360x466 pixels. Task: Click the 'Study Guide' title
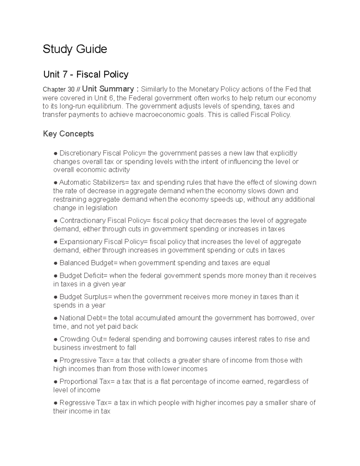(75, 49)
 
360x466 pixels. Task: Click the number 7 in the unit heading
(65, 74)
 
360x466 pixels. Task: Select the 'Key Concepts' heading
(68, 134)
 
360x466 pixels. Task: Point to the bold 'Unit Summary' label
(108, 89)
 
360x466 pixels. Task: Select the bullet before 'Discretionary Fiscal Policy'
(55, 153)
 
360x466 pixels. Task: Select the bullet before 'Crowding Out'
(55, 339)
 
